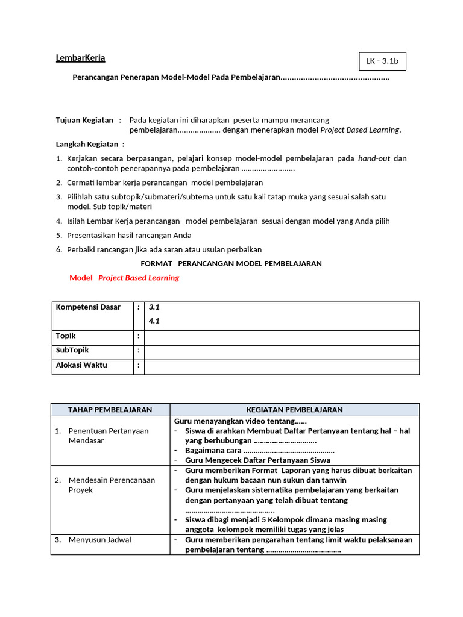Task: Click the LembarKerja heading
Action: [80, 58]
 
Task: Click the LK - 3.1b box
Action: [382, 61]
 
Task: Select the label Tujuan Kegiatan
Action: [84, 120]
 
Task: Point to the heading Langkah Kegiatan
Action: [90, 144]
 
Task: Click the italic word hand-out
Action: [374, 158]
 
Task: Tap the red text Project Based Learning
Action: [139, 278]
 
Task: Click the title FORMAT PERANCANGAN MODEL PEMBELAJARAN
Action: [231, 263]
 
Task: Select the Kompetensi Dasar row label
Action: [88, 307]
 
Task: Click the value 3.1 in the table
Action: [154, 307]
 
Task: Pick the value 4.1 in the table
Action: [154, 321]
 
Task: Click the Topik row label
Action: [66, 336]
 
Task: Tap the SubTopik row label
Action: [72, 351]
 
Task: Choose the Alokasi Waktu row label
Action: [81, 365]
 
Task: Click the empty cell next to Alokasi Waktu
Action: [282, 366]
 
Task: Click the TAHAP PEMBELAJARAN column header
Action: [110, 410]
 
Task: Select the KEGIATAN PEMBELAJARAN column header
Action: [294, 410]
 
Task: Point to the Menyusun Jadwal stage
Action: [99, 540]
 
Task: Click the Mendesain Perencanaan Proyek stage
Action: [112, 485]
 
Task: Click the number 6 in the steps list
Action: [59, 249]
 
